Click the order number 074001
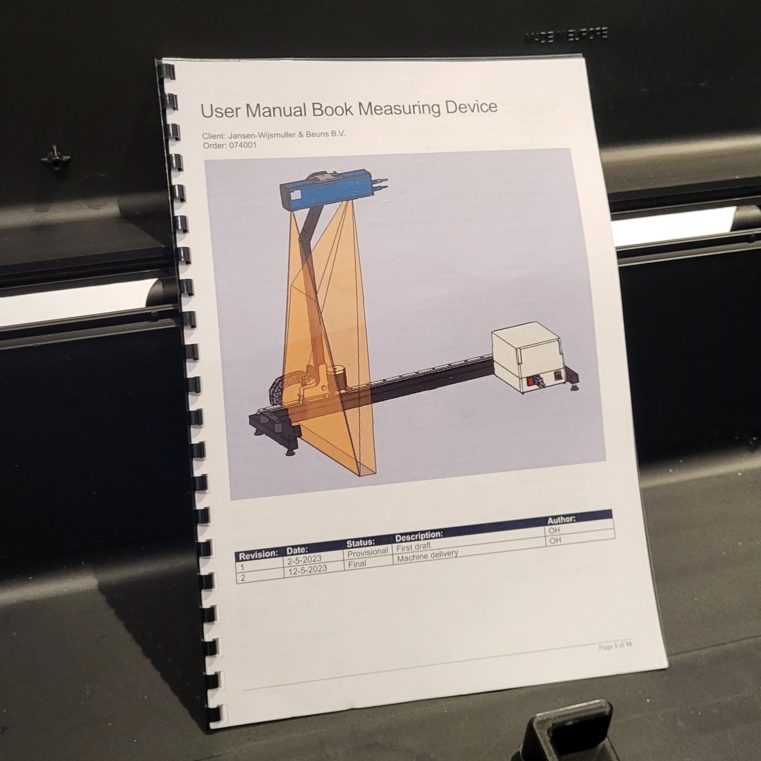pyautogui.click(x=240, y=145)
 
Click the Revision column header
pyautogui.click(x=259, y=555)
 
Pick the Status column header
pyautogui.click(x=361, y=542)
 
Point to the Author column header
pyautogui.click(x=561, y=519)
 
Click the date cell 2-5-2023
pyautogui.click(x=304, y=560)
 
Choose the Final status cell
pyautogui.click(x=357, y=564)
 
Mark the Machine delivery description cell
pyautogui.click(x=427, y=556)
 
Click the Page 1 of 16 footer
pyautogui.click(x=615, y=647)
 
